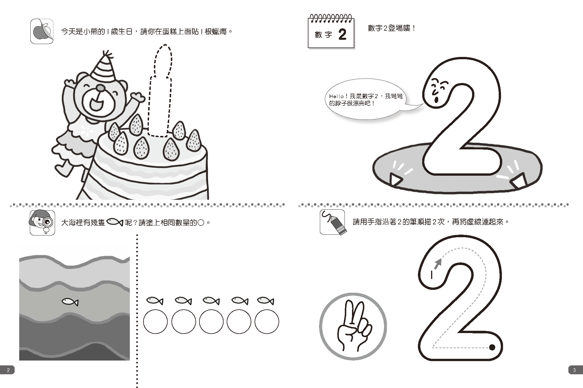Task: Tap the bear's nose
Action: pyautogui.click(x=100, y=88)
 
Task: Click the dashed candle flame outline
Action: pyautogui.click(x=163, y=61)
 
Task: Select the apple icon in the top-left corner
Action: pyautogui.click(x=42, y=31)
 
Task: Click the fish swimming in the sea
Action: pyautogui.click(x=70, y=302)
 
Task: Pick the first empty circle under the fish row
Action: pyautogui.click(x=155, y=322)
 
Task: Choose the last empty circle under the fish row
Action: pyautogui.click(x=267, y=322)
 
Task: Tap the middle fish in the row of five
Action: pyautogui.click(x=211, y=301)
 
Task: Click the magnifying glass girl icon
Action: pyautogui.click(x=42, y=222)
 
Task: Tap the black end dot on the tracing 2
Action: pyautogui.click(x=492, y=347)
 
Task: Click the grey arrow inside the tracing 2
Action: pyautogui.click(x=437, y=264)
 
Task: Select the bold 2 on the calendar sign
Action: pyautogui.click(x=342, y=35)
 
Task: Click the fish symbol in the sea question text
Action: pyautogui.click(x=115, y=222)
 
